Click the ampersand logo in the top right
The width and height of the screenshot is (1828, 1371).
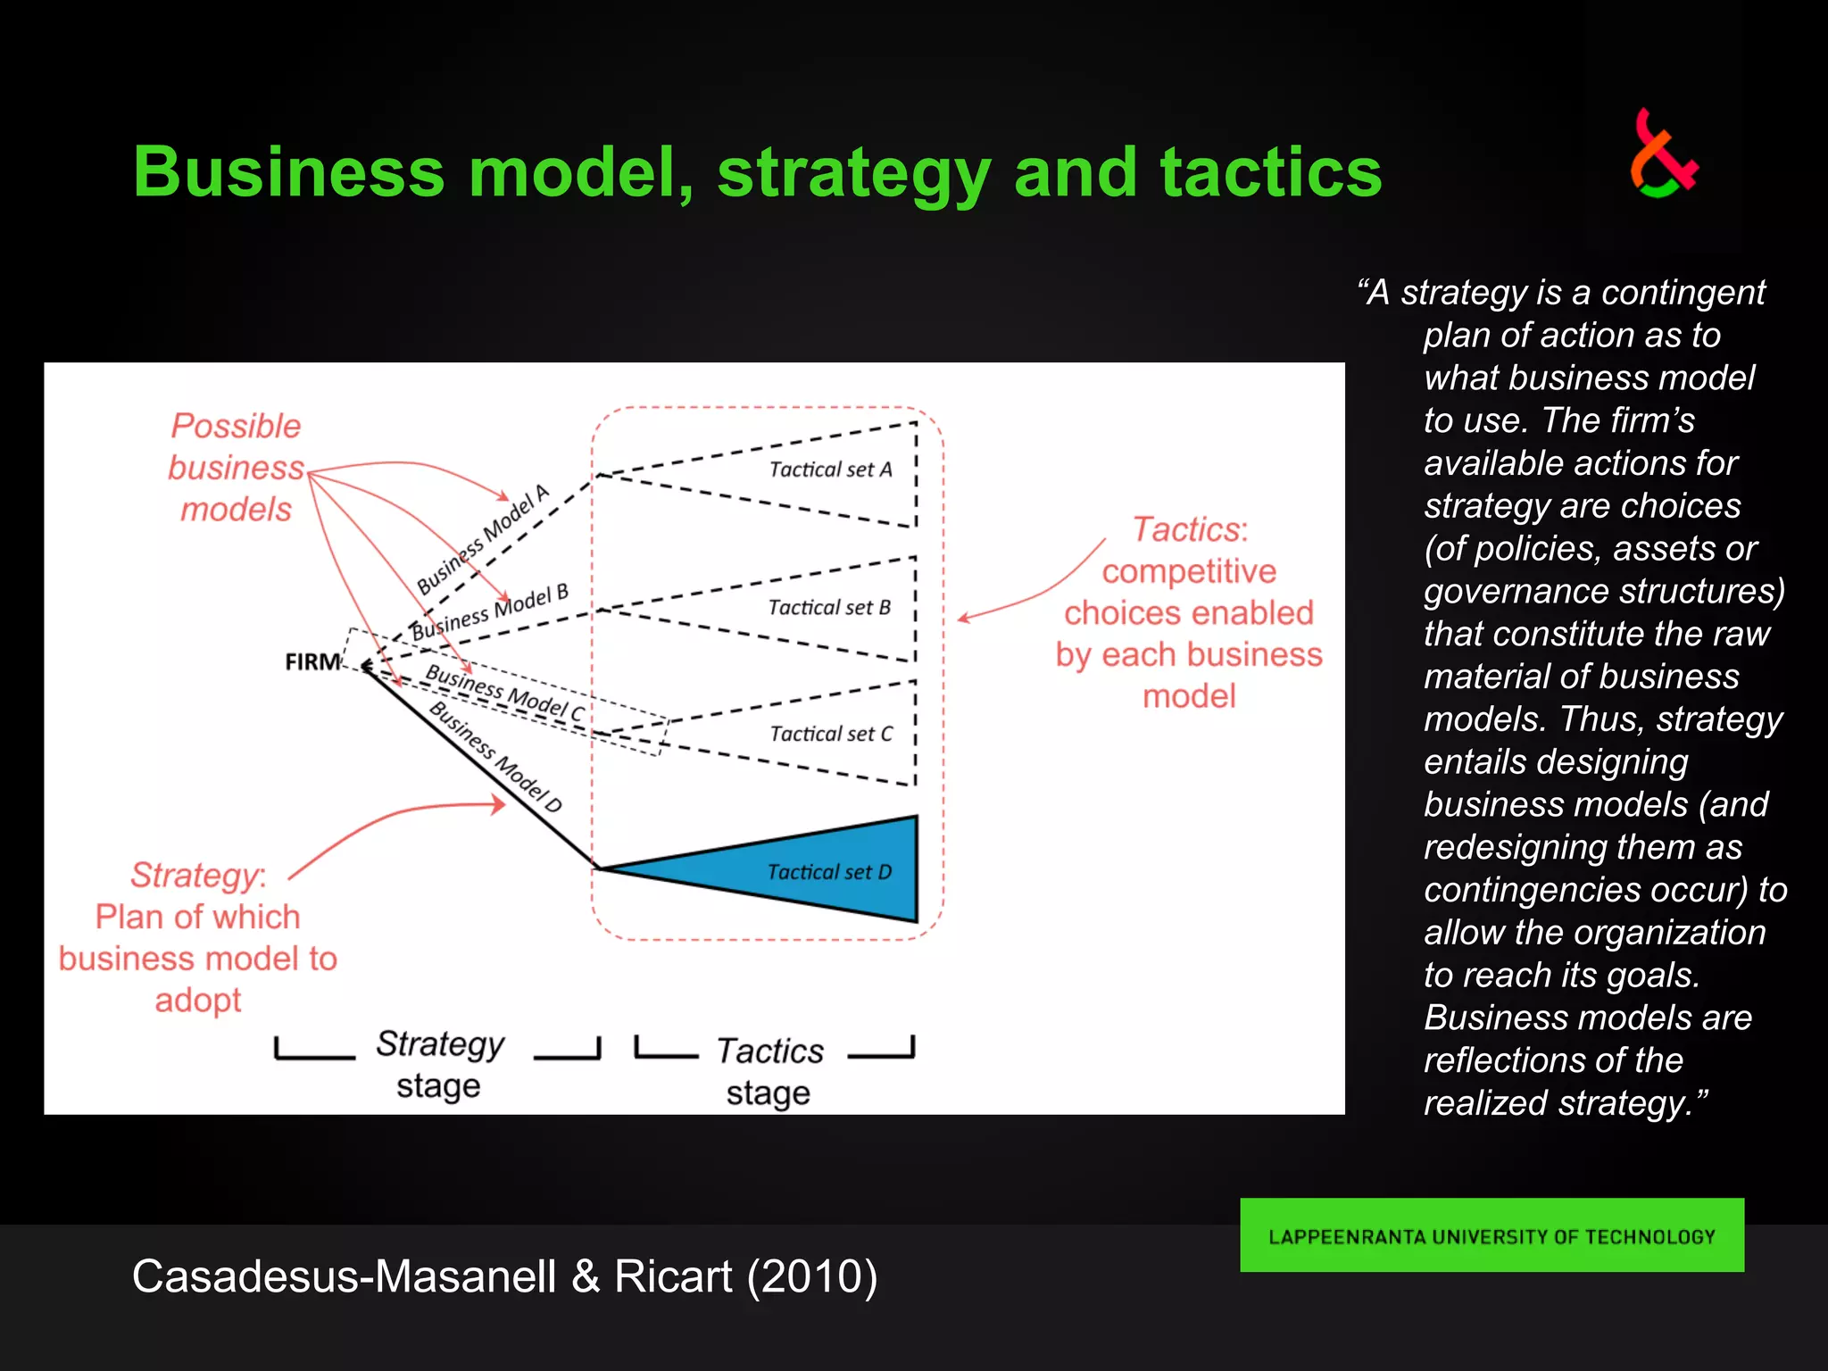click(x=1662, y=154)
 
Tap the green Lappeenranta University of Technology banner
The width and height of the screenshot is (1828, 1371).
click(x=1491, y=1235)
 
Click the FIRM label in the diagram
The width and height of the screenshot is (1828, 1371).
click(x=312, y=661)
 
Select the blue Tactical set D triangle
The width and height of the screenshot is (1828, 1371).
click(x=803, y=869)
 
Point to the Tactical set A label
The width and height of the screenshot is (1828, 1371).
click(x=830, y=469)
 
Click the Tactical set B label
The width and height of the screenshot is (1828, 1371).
click(x=829, y=608)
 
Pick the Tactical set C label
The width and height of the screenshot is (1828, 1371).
click(x=831, y=734)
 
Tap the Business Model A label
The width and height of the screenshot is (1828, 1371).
click(x=483, y=540)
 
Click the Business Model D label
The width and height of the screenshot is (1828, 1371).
click(x=496, y=757)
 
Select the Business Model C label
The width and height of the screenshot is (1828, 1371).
click(x=504, y=693)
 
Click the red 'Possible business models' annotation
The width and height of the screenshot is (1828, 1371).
click(x=236, y=468)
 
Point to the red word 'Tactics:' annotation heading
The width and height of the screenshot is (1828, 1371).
click(x=1190, y=530)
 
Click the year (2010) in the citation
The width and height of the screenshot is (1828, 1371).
click(x=812, y=1275)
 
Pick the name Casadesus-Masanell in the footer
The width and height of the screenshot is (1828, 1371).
click(x=345, y=1275)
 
